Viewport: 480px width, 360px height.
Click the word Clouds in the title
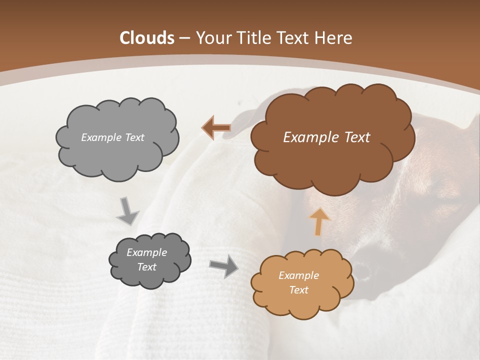(x=147, y=38)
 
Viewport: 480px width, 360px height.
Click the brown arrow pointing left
(x=216, y=128)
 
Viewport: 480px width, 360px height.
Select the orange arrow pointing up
(x=319, y=221)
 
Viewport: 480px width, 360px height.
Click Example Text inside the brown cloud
(x=326, y=137)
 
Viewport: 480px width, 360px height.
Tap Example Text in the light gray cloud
(x=112, y=137)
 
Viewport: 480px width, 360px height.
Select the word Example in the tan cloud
(x=298, y=275)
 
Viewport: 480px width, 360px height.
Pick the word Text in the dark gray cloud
(x=147, y=267)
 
